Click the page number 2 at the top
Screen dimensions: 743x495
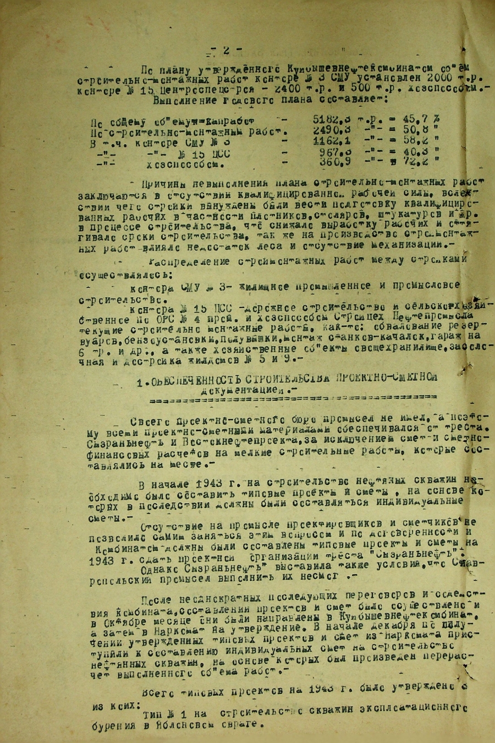226,50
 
